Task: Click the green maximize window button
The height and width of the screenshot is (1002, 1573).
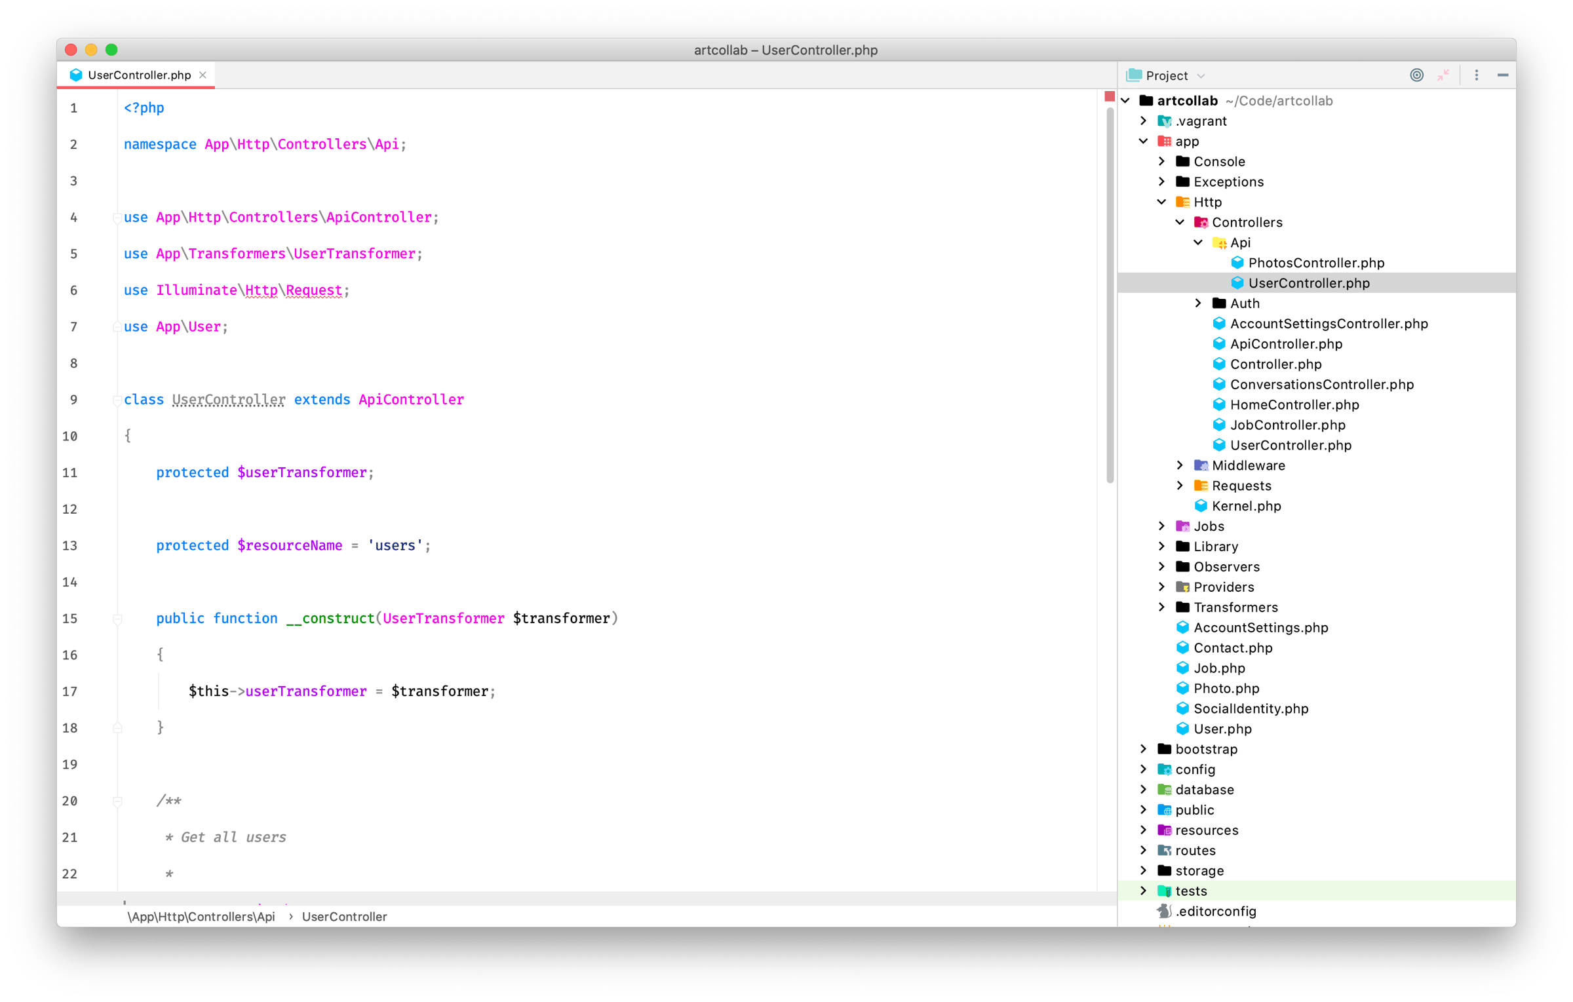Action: tap(111, 50)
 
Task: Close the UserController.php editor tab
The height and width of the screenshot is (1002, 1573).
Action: tap(203, 75)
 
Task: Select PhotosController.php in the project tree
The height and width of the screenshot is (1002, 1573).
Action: tap(1316, 263)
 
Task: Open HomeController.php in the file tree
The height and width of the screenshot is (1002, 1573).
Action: tap(1294, 404)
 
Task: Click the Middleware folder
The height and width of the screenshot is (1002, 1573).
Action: tap(1248, 465)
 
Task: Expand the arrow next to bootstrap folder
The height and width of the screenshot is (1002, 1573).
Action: tap(1143, 748)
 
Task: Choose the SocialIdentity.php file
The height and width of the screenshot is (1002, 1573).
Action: tap(1251, 708)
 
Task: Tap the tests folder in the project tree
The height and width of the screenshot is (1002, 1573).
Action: tap(1190, 891)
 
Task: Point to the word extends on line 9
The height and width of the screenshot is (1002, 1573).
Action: tap(322, 399)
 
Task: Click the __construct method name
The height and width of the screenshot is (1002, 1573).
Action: tap(330, 618)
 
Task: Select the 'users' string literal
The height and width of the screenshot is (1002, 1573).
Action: tap(395, 545)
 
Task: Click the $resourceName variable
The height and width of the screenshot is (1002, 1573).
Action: tap(290, 545)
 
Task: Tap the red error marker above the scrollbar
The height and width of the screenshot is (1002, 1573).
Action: tap(1109, 96)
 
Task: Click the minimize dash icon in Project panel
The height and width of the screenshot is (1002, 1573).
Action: tap(1502, 75)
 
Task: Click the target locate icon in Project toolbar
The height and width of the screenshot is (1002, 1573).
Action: tap(1416, 75)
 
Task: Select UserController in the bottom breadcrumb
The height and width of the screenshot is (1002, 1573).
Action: tap(344, 916)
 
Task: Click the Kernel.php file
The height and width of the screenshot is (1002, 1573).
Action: tap(1246, 506)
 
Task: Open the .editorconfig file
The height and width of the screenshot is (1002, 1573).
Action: tap(1215, 911)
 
